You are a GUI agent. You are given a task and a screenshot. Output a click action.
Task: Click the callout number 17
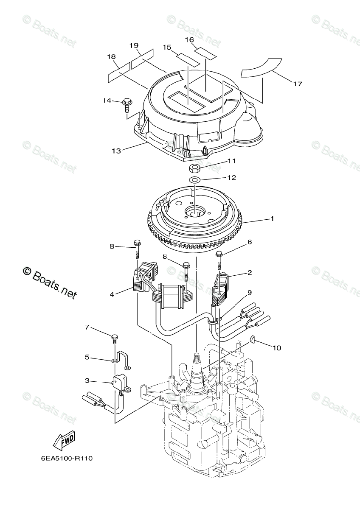click(x=297, y=84)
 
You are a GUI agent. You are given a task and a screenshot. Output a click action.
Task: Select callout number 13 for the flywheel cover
click(x=116, y=151)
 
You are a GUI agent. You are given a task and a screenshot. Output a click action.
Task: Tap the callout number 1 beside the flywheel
click(x=272, y=219)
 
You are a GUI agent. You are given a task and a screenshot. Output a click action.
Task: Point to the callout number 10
click(x=277, y=348)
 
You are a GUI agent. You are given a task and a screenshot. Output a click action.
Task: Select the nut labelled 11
click(x=195, y=166)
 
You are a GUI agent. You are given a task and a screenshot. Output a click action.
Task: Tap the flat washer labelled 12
click(x=195, y=180)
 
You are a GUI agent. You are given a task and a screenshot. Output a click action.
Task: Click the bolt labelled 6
click(x=219, y=259)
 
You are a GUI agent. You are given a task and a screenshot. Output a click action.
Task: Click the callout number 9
click(x=250, y=292)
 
